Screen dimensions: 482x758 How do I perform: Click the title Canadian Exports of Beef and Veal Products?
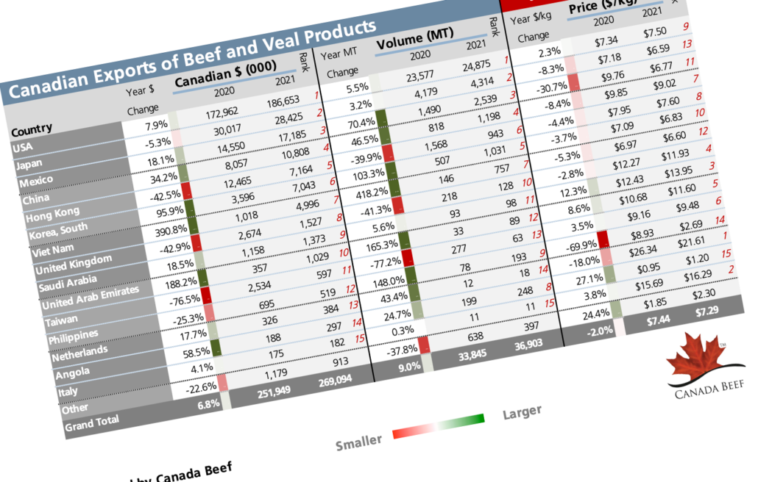click(x=191, y=60)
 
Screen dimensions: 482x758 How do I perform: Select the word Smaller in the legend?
click(x=358, y=442)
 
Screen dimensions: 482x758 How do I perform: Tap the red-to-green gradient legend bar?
click(x=439, y=427)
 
